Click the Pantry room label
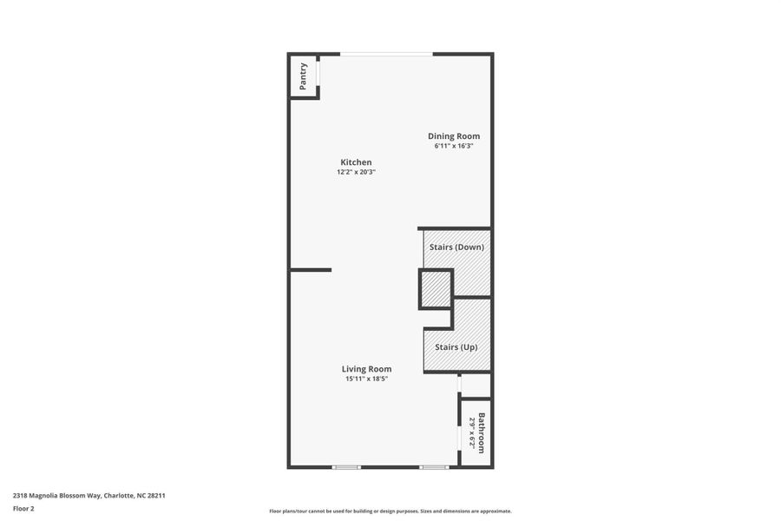point(303,76)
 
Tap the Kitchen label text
point(356,162)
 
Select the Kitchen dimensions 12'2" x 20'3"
point(356,172)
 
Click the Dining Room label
point(454,136)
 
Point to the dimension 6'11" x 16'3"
point(454,146)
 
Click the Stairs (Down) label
point(456,247)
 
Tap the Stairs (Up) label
point(456,347)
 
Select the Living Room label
point(366,369)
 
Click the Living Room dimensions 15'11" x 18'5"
point(366,379)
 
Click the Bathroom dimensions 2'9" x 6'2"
point(472,432)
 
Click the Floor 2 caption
point(23,508)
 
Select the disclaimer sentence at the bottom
point(390,511)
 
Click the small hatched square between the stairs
point(436,289)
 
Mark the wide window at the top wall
point(386,55)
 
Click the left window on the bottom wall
point(346,467)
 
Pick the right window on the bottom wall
point(434,467)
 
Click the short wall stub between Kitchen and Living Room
point(311,270)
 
